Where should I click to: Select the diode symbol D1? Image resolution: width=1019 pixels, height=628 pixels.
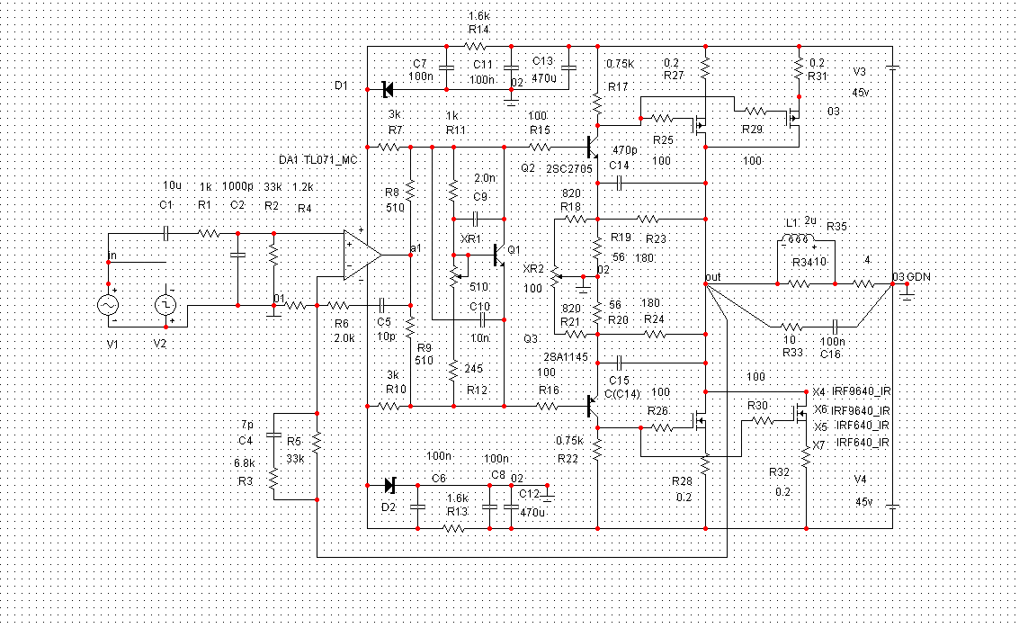tap(389, 89)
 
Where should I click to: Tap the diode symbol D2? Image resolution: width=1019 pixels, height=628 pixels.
tap(389, 485)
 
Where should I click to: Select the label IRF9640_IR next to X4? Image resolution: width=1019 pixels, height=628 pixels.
tap(863, 392)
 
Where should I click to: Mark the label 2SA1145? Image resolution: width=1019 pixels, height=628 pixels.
tap(566, 357)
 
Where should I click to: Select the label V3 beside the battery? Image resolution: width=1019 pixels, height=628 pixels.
tap(860, 71)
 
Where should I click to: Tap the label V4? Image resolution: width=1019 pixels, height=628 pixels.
tap(860, 480)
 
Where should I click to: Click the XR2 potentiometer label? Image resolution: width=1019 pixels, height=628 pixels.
tap(533, 269)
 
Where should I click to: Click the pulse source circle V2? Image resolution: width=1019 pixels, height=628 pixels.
tap(167, 305)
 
